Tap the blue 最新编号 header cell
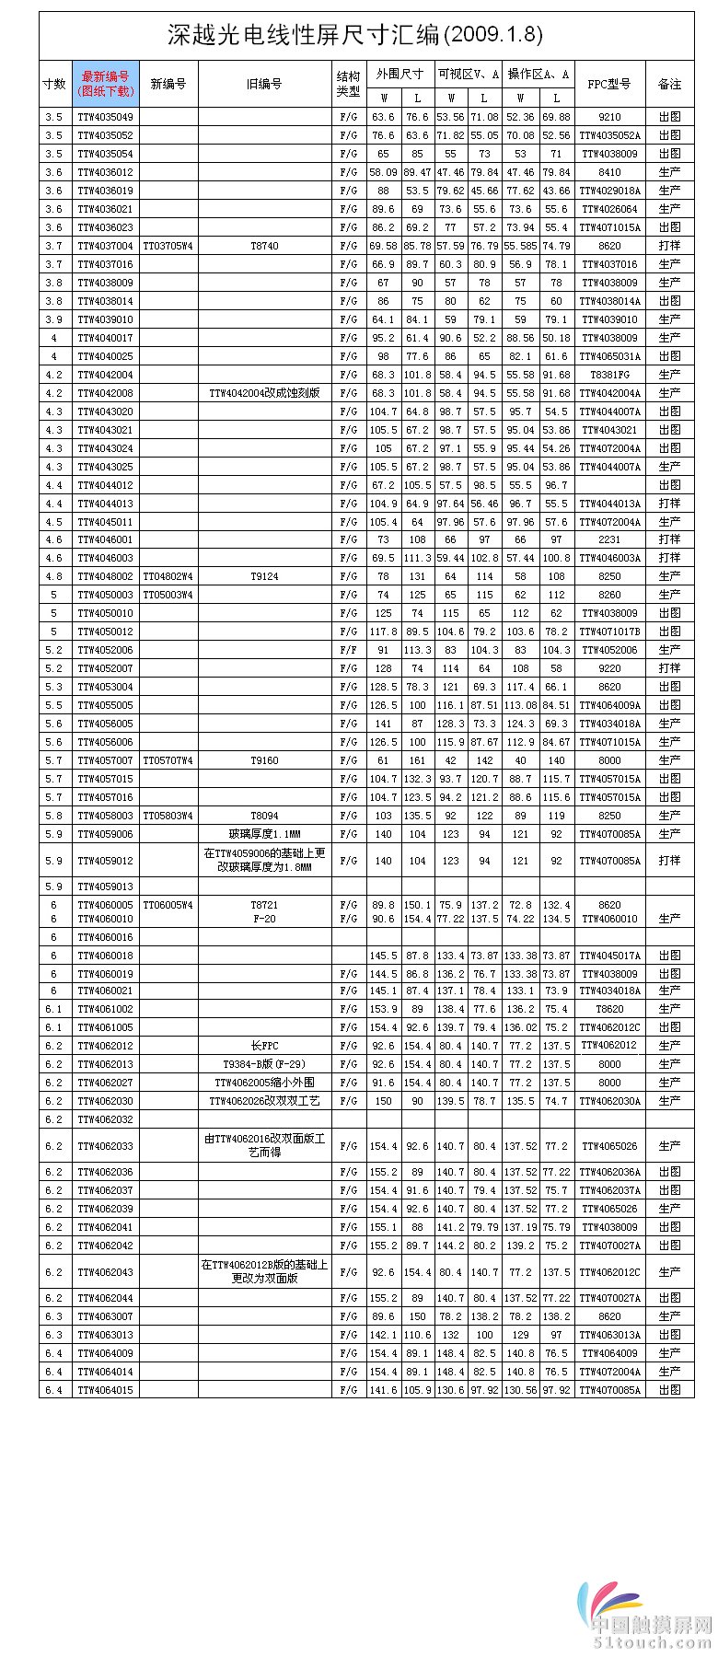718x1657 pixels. [x=106, y=84]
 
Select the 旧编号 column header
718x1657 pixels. [x=264, y=84]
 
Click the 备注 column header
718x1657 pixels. [x=669, y=84]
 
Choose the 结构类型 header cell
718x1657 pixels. [x=349, y=84]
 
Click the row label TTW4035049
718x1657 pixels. [x=105, y=117]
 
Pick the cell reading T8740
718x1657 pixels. [x=264, y=246]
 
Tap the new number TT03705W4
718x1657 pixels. [x=168, y=246]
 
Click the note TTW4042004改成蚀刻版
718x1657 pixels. [x=264, y=393]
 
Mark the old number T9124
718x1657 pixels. [x=264, y=576]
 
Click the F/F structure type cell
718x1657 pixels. [x=349, y=650]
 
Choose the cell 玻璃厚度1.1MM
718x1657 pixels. [x=264, y=834]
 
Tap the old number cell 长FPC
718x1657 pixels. [x=264, y=1046]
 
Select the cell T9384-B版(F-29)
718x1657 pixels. [x=264, y=1064]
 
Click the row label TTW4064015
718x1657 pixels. [x=105, y=1390]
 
